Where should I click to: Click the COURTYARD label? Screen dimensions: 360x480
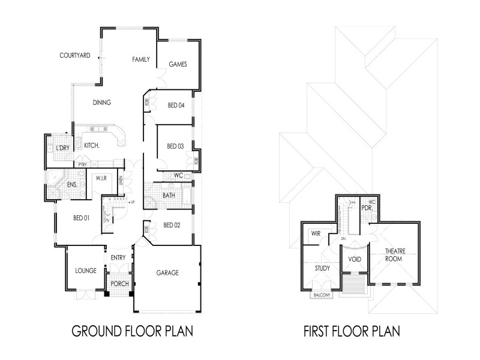pos(75,55)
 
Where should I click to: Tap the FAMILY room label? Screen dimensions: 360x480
pos(141,59)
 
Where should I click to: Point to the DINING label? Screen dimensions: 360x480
pos(101,103)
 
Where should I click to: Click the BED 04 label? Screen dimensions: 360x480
pos(176,106)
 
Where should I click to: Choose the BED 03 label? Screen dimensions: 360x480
pos(175,146)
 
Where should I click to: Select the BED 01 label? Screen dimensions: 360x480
pos(82,218)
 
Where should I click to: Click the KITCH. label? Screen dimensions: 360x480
pos(91,145)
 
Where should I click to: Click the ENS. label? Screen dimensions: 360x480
pos(71,185)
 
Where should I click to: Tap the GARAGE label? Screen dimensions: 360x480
pos(168,272)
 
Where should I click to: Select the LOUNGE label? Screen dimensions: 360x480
pos(86,271)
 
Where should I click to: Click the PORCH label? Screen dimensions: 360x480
pos(119,284)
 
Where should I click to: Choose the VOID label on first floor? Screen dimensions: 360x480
pos(353,259)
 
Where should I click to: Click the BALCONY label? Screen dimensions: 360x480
pos(320,295)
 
